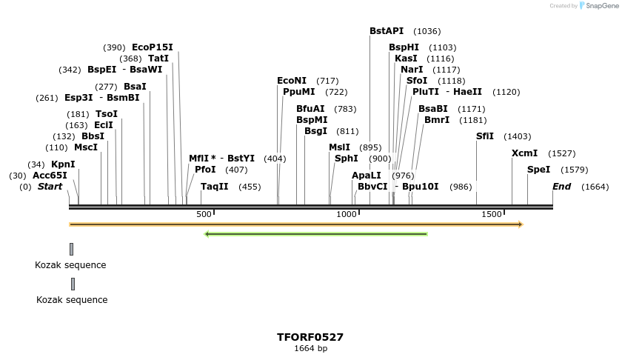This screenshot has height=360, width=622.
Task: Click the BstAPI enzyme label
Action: coord(387,31)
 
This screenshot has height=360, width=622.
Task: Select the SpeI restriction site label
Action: coord(538,170)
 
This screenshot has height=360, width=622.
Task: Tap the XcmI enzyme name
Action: coord(524,153)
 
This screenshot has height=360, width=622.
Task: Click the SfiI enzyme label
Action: coord(484,136)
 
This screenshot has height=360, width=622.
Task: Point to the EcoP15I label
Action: coord(153,47)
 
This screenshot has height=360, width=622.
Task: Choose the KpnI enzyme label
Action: coord(63,164)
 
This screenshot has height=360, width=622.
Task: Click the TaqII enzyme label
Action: coord(215,187)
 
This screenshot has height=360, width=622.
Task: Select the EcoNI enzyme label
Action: coord(292,81)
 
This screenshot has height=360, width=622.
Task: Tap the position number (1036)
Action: coord(427,31)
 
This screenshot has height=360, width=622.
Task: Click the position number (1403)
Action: coord(518,136)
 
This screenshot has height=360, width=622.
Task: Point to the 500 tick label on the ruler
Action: coord(204,214)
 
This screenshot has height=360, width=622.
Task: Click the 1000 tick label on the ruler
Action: coord(347,214)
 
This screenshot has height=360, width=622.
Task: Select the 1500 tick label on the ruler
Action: coord(492,214)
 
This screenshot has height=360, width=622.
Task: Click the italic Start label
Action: coord(50,187)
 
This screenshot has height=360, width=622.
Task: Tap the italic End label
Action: coord(562,187)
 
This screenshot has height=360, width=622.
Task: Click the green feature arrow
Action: coord(316,234)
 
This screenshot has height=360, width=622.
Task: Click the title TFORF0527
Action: coord(310,337)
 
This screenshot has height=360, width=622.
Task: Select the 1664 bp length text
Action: coord(310,348)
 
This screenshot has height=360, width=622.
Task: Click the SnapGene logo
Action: coord(598,6)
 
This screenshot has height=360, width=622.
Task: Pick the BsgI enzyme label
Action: coord(315,131)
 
